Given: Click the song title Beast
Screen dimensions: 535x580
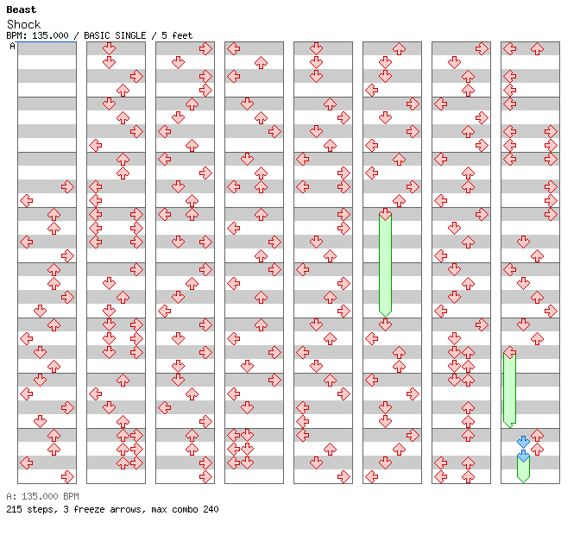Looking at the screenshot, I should tap(21, 9).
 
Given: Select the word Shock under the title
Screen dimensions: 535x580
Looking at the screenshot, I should tap(23, 24).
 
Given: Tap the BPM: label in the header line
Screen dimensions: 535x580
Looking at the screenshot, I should tap(16, 35).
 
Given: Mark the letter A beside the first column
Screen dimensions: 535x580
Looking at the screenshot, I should tap(13, 46).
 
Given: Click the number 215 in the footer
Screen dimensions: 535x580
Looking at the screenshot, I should tap(14, 509).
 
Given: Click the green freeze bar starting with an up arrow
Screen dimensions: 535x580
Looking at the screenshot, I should tap(385, 263).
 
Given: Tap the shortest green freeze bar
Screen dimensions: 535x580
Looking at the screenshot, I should tap(523, 469).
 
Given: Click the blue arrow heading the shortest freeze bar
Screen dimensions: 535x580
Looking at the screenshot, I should tap(523, 456).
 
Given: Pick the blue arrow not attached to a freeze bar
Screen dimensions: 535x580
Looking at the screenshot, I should tap(523, 442).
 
